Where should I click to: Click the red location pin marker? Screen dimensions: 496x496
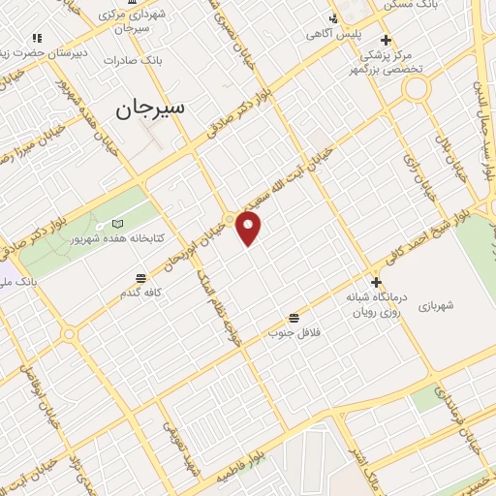click(249, 228)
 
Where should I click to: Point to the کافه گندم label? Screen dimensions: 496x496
click(140, 292)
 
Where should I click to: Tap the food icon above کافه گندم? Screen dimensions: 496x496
click(141, 278)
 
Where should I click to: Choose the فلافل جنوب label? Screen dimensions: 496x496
click(294, 332)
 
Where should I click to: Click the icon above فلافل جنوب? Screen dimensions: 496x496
click(294, 318)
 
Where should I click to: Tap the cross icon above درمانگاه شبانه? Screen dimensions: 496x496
click(376, 282)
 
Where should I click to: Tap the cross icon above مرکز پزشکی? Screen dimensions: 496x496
click(386, 40)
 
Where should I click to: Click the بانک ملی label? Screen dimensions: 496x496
click(18, 280)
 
